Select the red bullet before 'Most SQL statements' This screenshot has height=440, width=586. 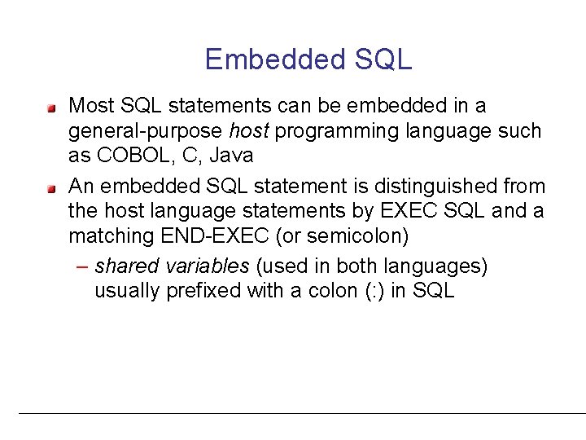(51, 107)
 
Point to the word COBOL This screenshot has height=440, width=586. (133, 155)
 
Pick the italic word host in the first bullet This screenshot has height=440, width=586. (247, 130)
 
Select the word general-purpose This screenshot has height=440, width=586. (145, 130)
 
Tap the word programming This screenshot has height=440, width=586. (335, 130)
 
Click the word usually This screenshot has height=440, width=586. (128, 291)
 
